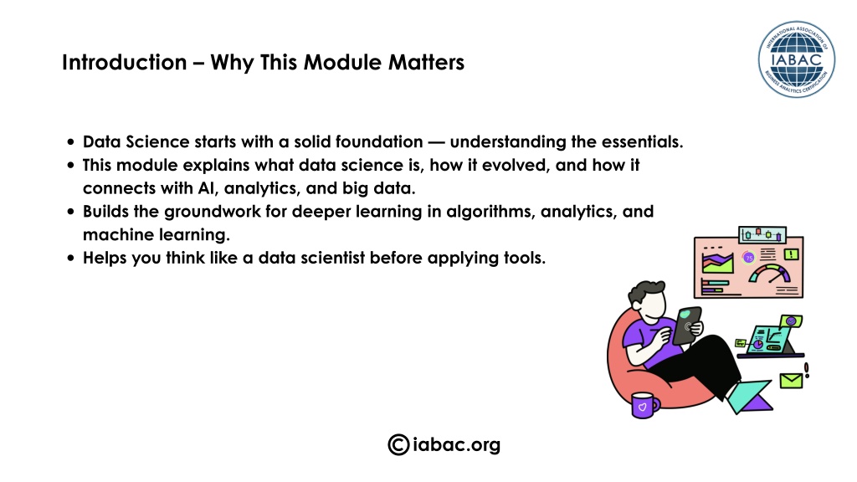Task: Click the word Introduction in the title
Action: [x=125, y=62]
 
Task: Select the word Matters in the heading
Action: [x=426, y=62]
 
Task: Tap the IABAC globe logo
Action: [x=797, y=59]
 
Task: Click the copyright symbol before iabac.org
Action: [x=398, y=444]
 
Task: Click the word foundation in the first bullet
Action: [x=379, y=141]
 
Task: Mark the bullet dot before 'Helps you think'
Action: [x=70, y=258]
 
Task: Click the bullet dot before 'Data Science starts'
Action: [x=70, y=142]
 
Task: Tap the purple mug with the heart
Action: [x=644, y=405]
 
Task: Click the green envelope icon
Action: [x=791, y=381]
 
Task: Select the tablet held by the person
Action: [x=687, y=326]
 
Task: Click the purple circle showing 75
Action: [x=749, y=258]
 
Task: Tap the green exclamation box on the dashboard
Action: [x=792, y=254]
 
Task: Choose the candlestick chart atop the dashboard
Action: [x=762, y=234]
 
